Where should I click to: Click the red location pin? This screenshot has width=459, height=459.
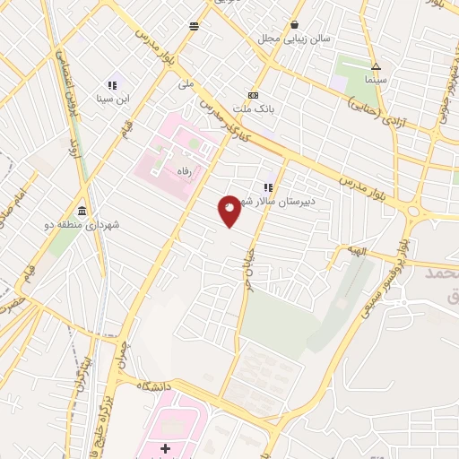(x=229, y=211)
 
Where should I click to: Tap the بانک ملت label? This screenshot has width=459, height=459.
(x=253, y=108)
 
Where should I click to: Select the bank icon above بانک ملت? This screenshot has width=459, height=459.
(x=253, y=95)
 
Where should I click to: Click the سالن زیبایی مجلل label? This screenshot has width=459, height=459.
(x=295, y=39)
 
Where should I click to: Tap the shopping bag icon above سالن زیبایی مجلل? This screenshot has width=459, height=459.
(x=295, y=24)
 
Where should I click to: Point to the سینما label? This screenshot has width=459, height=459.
(x=376, y=80)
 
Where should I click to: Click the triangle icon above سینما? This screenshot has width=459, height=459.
(x=377, y=66)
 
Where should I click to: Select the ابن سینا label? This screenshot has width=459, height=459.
(x=113, y=99)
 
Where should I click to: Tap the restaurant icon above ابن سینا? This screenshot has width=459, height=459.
(x=113, y=84)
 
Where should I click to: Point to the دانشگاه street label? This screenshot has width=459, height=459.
(x=155, y=385)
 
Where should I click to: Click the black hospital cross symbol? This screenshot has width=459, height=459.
(x=165, y=447)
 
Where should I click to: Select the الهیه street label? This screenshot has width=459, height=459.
(x=359, y=254)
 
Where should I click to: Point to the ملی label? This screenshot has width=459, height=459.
(x=186, y=85)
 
